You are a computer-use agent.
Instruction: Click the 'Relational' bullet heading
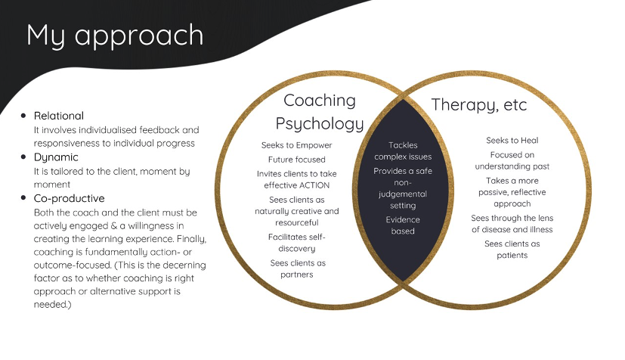tap(59, 116)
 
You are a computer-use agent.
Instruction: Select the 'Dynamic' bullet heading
tap(56, 157)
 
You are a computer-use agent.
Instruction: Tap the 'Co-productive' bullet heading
tap(70, 198)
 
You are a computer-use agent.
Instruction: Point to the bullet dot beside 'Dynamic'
tap(23, 157)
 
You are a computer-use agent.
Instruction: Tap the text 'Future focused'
tap(296, 160)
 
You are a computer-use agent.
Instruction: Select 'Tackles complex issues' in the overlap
tap(403, 151)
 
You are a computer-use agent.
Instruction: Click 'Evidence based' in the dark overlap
tap(403, 225)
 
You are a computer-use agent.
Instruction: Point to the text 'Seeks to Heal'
tap(512, 140)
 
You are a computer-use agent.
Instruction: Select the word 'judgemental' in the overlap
tap(403, 194)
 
